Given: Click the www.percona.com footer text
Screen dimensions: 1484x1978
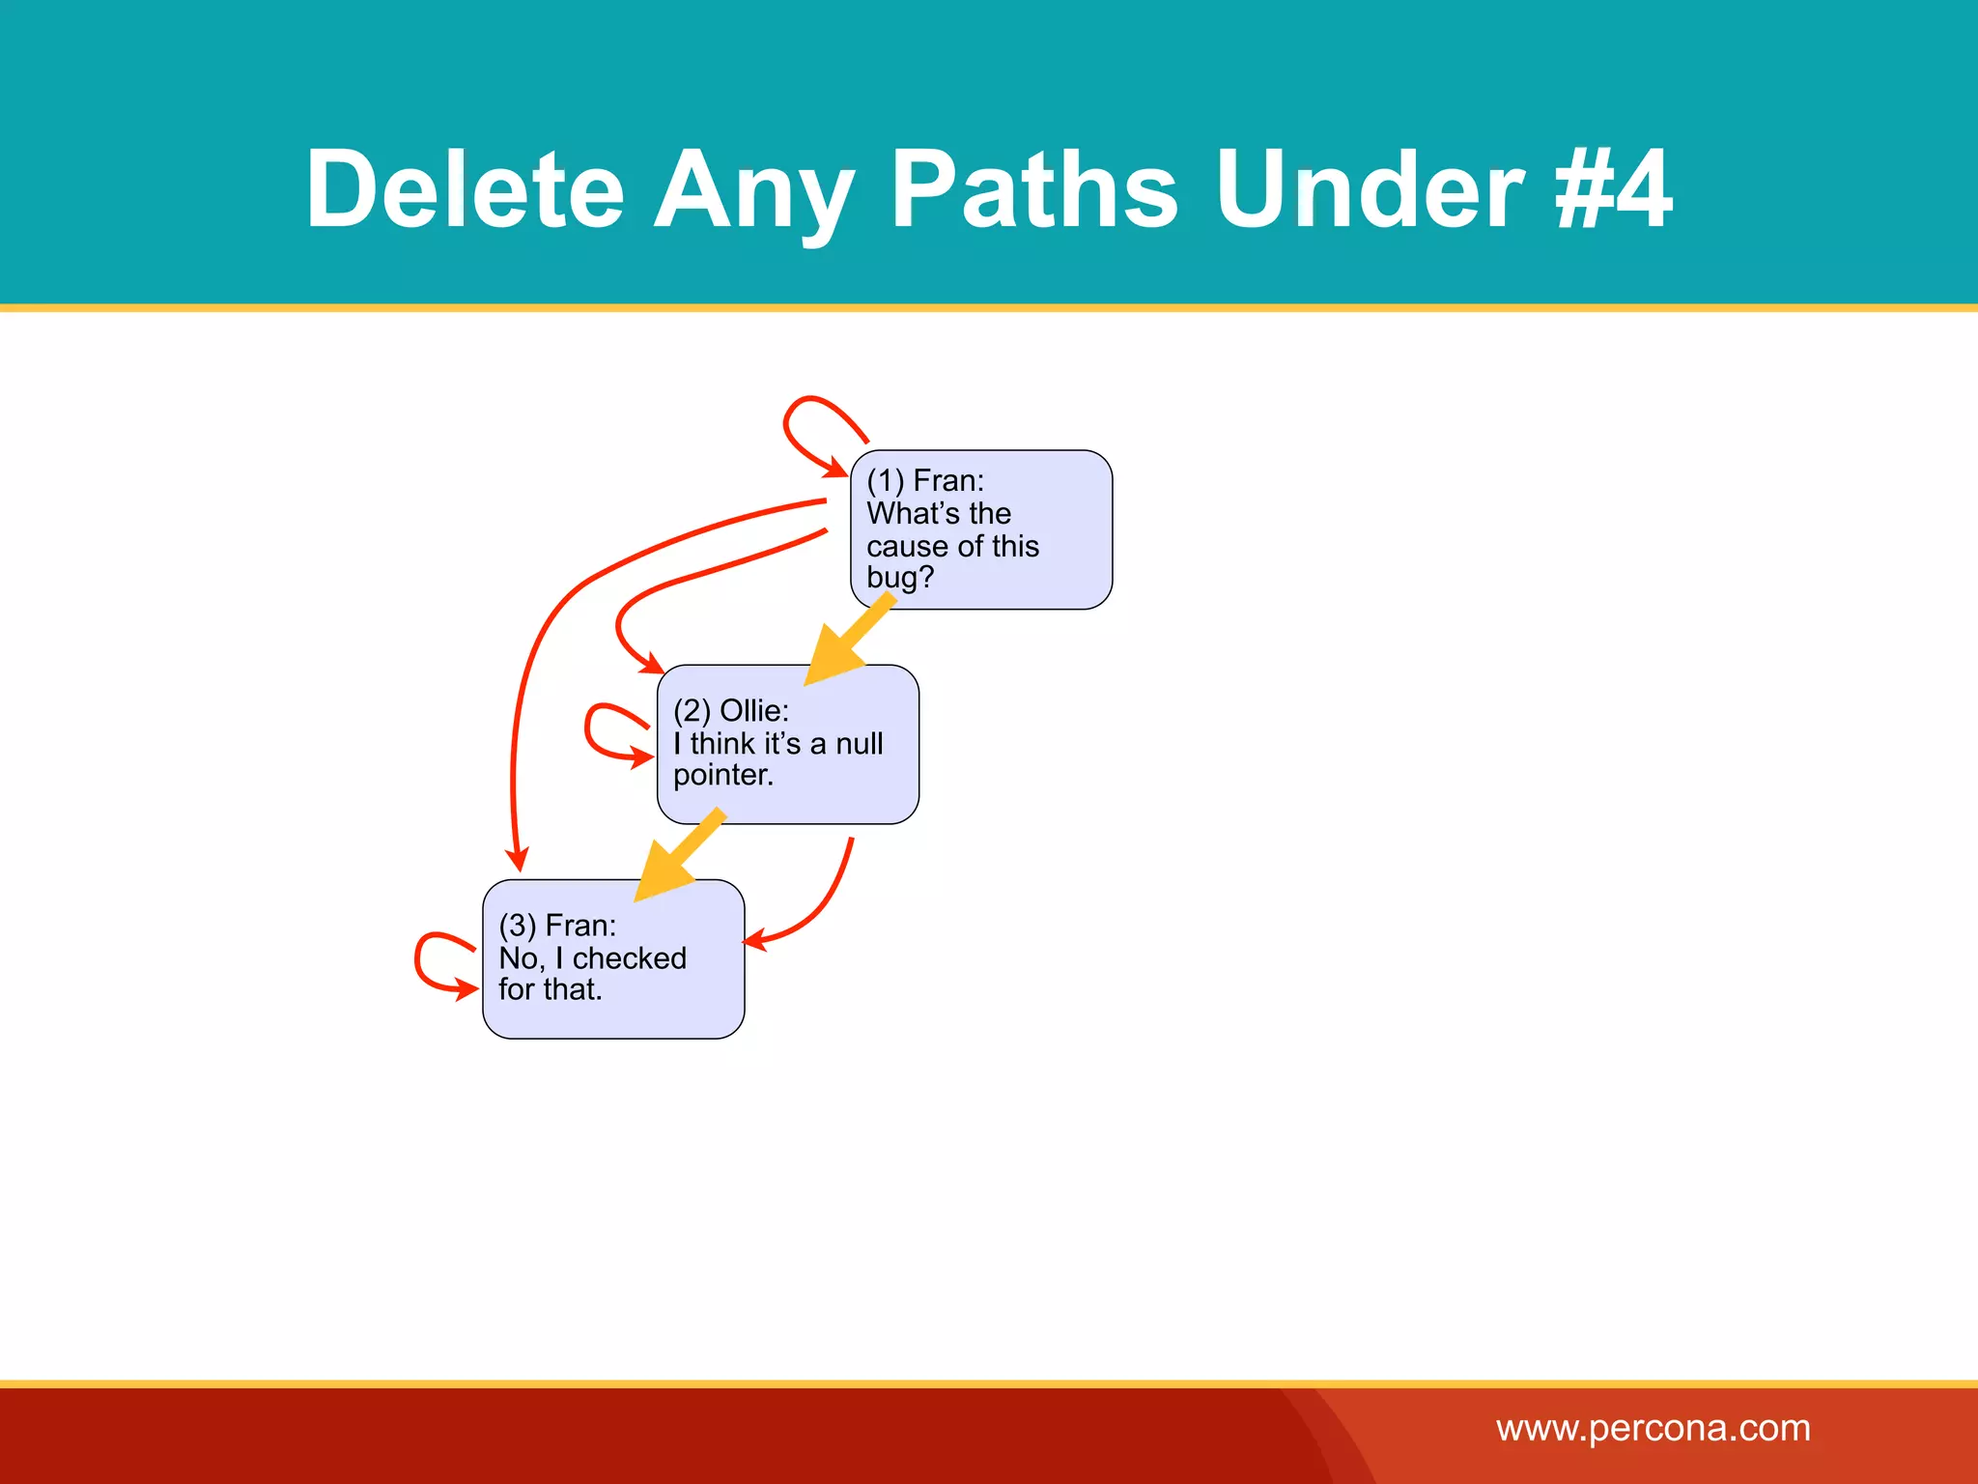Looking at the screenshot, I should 1653,1428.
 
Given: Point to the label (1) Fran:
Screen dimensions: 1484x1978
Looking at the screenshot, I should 924,480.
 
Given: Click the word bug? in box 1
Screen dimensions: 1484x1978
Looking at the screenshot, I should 899,578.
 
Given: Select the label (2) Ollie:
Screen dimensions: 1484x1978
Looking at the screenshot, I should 730,710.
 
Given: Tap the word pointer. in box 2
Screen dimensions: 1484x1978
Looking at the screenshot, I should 722,775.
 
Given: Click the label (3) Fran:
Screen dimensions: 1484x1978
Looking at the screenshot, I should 556,925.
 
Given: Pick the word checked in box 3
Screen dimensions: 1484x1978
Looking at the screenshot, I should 629,957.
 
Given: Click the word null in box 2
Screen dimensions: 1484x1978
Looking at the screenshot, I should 859,743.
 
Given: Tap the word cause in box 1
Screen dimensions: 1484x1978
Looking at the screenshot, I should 906,546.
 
